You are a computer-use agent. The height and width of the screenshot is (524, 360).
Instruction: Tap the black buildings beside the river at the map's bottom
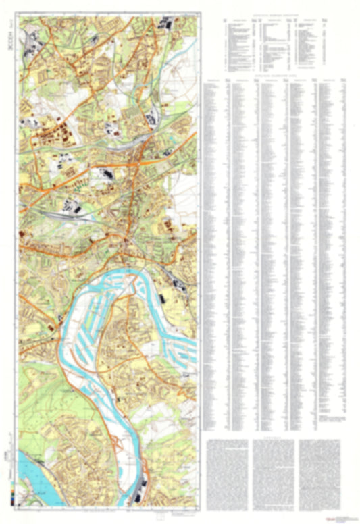click(x=140, y=491)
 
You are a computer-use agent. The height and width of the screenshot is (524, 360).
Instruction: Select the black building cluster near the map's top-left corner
click(x=31, y=48)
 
